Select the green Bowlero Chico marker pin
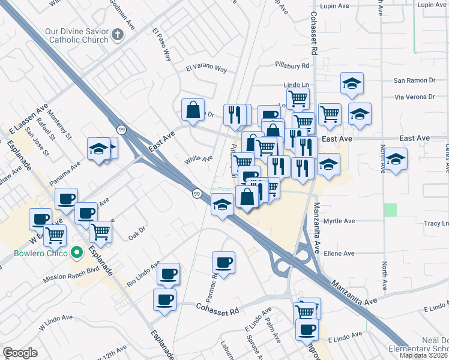[76, 253]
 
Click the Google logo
[20, 353]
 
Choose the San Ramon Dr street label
[414, 80]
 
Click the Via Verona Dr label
[414, 96]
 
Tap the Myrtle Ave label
[339, 221]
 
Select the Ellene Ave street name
[339, 254]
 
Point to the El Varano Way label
[206, 69]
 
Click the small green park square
[391, 210]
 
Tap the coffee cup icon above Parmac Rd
[224, 262]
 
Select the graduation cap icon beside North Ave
[396, 159]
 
